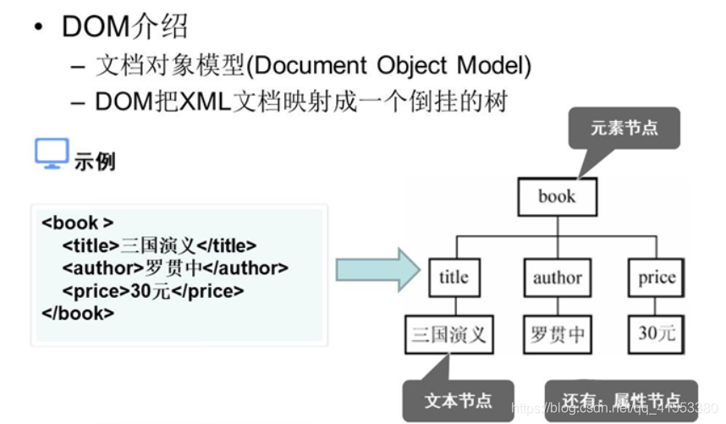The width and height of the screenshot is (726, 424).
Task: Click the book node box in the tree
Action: [557, 197]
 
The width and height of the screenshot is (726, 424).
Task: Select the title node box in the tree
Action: [454, 277]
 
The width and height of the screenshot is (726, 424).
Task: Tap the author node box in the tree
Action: [557, 277]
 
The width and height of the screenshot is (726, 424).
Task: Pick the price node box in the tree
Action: [657, 277]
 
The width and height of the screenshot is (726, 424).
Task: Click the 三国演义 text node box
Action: [448, 333]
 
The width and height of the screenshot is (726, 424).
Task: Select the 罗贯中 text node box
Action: [557, 333]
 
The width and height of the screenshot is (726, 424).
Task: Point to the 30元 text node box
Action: [657, 333]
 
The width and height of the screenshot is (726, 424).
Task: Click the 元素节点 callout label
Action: [624, 128]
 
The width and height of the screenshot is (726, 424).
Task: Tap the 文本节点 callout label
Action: [457, 399]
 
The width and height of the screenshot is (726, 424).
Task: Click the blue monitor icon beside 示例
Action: [51, 155]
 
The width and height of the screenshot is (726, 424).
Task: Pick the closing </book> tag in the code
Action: [77, 312]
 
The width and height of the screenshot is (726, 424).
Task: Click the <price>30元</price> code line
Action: [152, 290]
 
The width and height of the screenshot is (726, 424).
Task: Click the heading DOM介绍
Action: [124, 26]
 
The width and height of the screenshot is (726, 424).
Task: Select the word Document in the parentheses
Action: [313, 65]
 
